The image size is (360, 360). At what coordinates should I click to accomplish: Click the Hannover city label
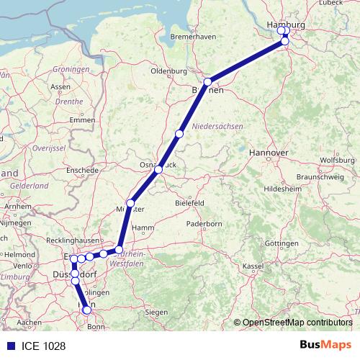268,153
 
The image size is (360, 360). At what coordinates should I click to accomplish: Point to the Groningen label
71,69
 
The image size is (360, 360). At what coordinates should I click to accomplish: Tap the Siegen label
156,312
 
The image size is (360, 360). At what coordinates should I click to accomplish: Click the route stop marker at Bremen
207,82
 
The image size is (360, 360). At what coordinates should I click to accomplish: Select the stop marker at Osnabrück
158,169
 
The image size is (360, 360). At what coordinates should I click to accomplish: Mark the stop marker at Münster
130,203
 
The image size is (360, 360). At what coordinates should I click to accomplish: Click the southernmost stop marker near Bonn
88,310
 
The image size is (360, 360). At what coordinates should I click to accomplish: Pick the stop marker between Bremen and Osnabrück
179,134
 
